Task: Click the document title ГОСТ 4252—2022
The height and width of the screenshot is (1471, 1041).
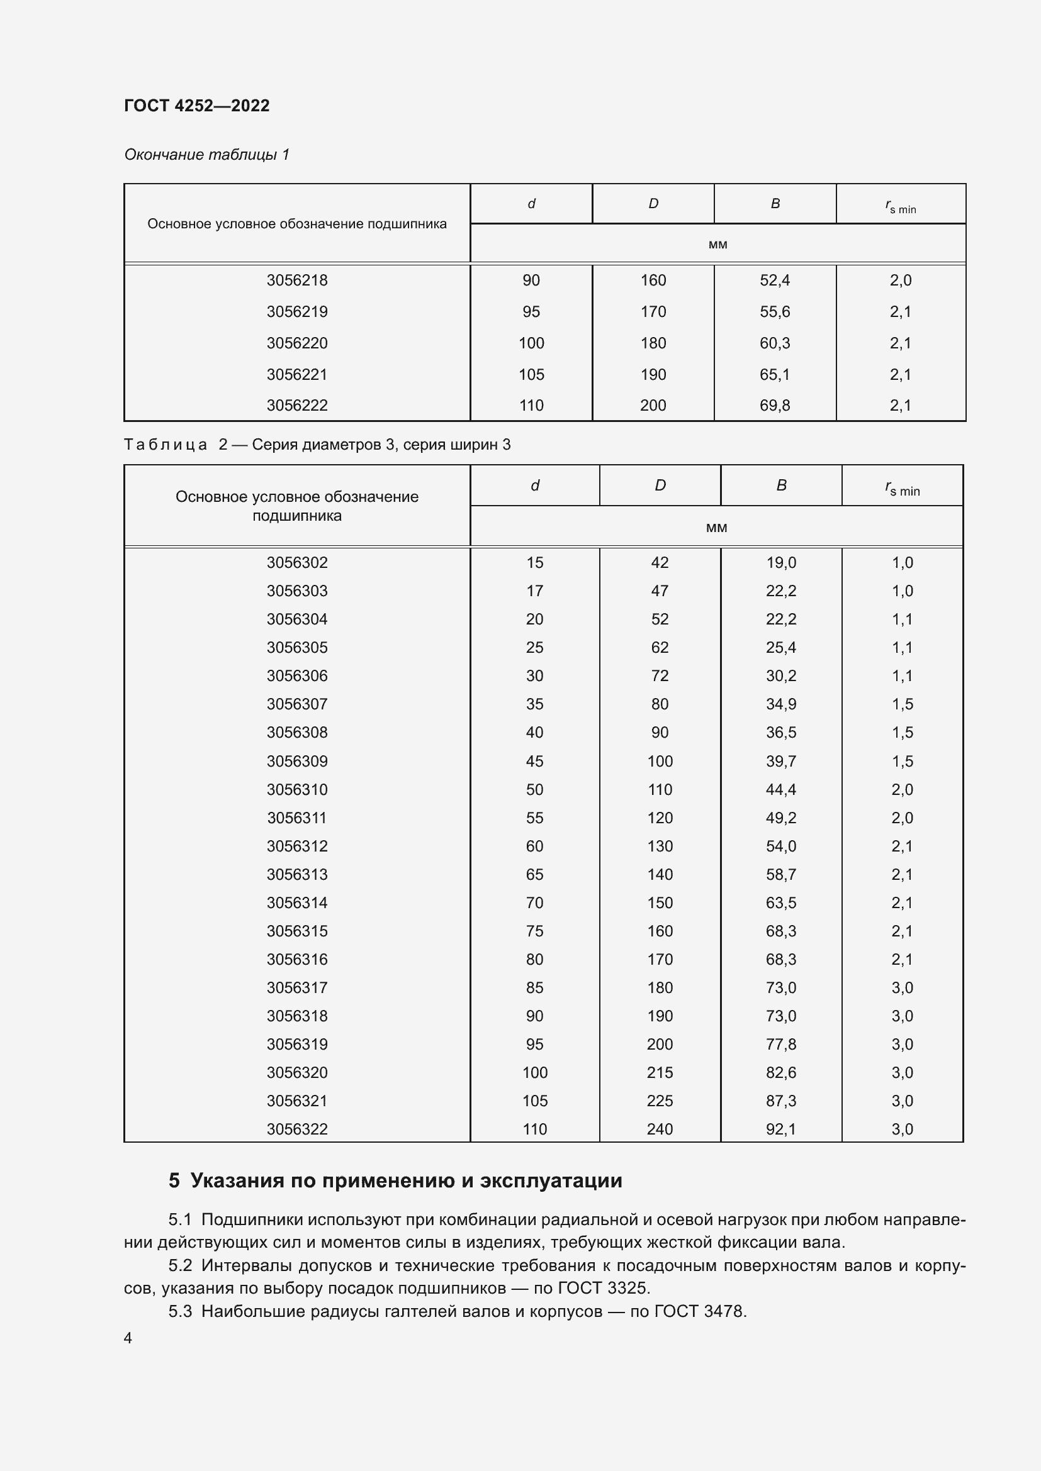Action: [197, 106]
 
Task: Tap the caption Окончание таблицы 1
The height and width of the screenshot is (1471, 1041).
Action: [206, 155]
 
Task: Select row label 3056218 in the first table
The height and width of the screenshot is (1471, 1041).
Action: [297, 280]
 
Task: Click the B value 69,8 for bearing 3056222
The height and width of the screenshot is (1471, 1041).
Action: [774, 405]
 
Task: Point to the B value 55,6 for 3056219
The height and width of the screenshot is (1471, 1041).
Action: [774, 311]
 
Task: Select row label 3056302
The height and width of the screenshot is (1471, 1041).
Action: [297, 562]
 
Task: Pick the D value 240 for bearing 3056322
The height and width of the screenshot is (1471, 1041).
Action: [660, 1129]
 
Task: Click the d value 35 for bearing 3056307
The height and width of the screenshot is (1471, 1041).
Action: [534, 704]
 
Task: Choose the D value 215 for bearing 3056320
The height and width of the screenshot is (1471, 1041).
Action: [660, 1072]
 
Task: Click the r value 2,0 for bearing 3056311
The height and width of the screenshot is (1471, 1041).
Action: [902, 818]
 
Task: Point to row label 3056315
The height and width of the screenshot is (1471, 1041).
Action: [297, 931]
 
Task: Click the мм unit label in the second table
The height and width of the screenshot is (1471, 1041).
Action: [716, 527]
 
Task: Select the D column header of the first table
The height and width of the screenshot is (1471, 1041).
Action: [653, 204]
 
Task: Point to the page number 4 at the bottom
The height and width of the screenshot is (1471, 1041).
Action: [128, 1338]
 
